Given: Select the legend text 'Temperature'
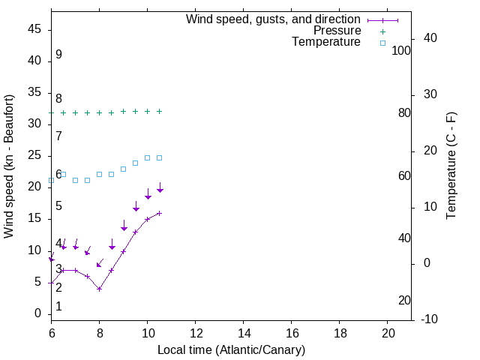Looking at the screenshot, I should pyautogui.click(x=326, y=42).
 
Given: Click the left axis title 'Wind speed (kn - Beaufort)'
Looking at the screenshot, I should pyautogui.click(x=9, y=166).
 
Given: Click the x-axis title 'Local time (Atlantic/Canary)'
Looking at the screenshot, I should pyautogui.click(x=231, y=350).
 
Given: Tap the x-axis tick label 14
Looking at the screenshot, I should pyautogui.click(x=244, y=333).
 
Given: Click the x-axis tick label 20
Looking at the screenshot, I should pyautogui.click(x=388, y=333).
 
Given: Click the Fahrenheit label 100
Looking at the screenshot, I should pyautogui.click(x=402, y=51).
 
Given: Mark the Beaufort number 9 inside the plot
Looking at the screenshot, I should pyautogui.click(x=58, y=55).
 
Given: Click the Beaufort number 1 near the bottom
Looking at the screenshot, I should pyautogui.click(x=58, y=307).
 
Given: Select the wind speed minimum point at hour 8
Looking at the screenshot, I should pyautogui.click(x=99, y=289).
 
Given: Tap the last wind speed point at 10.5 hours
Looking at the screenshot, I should pyautogui.click(x=159, y=213).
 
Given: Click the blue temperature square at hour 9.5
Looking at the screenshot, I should pyautogui.click(x=135, y=163).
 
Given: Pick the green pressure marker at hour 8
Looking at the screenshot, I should pyautogui.click(x=99, y=112).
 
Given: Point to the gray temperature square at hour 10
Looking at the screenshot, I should pyautogui.click(x=147, y=157).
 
